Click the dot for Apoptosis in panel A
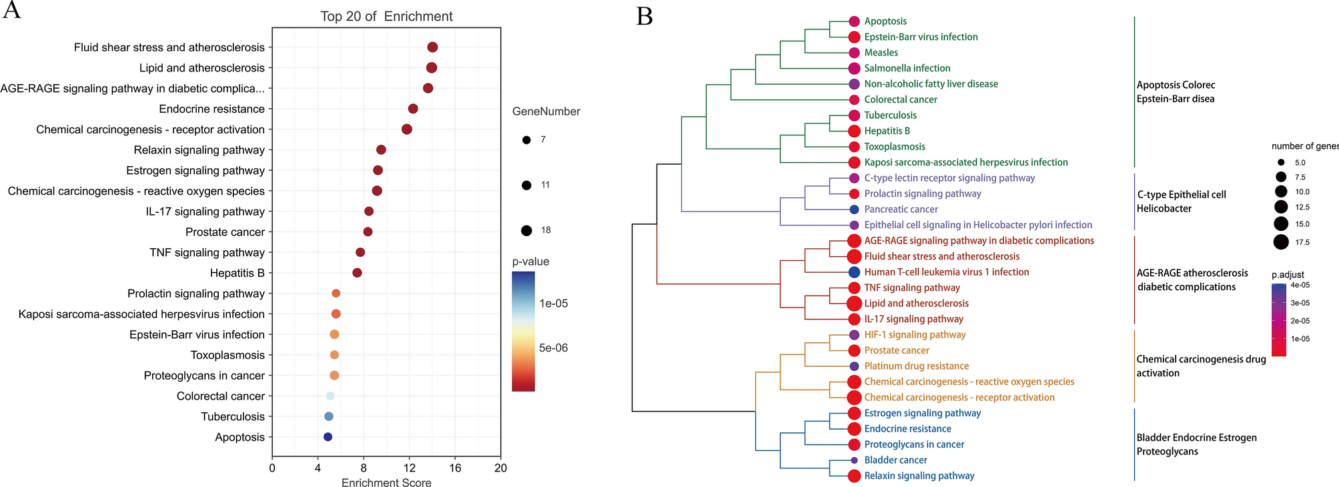(328, 437)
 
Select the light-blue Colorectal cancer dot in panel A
(330, 396)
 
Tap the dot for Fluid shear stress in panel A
(432, 47)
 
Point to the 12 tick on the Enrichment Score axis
(409, 468)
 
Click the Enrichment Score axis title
(386, 482)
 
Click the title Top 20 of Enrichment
(386, 16)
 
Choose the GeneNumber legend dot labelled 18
(526, 231)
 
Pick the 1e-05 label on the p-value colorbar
(553, 304)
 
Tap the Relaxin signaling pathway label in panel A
(199, 150)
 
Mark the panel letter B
(644, 16)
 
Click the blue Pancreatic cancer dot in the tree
(854, 209)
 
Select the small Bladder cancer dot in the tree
(854, 460)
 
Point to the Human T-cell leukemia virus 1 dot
(854, 272)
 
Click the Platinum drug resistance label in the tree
(916, 366)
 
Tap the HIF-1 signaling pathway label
(915, 335)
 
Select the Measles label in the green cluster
(881, 53)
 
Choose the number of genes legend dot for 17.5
(1281, 241)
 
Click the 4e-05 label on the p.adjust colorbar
(1300, 285)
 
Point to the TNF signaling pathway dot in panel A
(360, 252)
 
